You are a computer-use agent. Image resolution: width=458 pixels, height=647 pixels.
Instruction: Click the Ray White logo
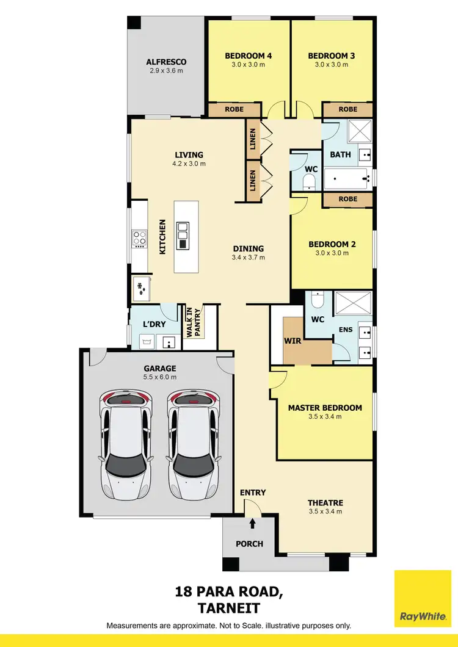pos(422,599)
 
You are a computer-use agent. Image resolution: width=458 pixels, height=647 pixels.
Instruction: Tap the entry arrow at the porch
pos(253,522)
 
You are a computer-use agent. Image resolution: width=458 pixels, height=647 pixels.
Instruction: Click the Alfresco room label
pos(166,62)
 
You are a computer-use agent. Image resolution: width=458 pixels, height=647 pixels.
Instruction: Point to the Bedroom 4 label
pos(248,56)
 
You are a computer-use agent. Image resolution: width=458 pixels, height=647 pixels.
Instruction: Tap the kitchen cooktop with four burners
pos(139,239)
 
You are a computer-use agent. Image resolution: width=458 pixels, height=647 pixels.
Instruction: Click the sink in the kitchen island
pos(183,236)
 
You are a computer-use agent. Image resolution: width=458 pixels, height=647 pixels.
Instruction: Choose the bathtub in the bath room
pos(347,179)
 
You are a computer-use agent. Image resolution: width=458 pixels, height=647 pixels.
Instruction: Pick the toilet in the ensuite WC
pos(318,300)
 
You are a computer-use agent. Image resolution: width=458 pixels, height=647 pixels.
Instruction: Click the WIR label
pos(293,341)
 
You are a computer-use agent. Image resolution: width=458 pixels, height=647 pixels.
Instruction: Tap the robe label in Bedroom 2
pos(347,200)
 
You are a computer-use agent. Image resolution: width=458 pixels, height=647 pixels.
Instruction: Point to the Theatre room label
pos(325,503)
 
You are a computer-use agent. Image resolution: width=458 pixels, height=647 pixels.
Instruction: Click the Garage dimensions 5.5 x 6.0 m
pos(160,378)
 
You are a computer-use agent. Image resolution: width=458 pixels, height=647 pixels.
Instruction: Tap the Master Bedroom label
pos(325,408)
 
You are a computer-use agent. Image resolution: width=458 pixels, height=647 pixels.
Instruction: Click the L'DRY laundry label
pos(154,324)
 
